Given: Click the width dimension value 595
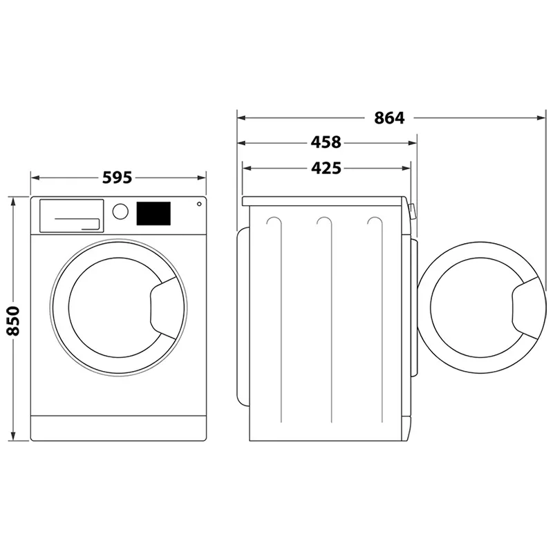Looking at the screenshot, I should pyautogui.click(x=117, y=178).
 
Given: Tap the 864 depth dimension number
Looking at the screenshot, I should pyautogui.click(x=389, y=118).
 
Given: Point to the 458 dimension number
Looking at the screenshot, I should pyautogui.click(x=326, y=143).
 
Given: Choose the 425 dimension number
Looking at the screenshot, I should pyautogui.click(x=326, y=168).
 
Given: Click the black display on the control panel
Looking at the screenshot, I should pyautogui.click(x=154, y=213).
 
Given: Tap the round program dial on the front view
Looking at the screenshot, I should pyautogui.click(x=120, y=211).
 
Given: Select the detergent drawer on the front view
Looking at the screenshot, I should pyautogui.click(x=71, y=215).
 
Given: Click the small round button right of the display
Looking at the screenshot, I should pyautogui.click(x=199, y=204).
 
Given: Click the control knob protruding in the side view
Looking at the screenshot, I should pyautogui.click(x=412, y=211).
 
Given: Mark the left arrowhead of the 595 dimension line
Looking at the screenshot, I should pyautogui.click(x=35, y=178).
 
